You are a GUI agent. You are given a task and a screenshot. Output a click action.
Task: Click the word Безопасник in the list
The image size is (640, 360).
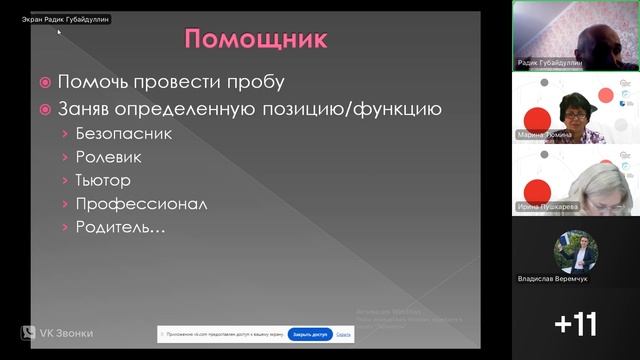123,132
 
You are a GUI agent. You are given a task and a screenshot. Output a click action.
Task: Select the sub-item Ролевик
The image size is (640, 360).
108,156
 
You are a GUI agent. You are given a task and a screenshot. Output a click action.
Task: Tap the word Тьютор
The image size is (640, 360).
104,180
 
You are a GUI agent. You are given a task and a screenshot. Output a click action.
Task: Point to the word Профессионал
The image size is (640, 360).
141,204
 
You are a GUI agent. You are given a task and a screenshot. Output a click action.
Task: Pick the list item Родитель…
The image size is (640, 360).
120,227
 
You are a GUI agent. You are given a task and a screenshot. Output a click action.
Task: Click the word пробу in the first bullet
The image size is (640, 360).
253,82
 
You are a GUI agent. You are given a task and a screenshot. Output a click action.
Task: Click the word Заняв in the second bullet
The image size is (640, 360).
88,108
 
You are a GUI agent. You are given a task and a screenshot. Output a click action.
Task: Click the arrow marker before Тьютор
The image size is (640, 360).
64,181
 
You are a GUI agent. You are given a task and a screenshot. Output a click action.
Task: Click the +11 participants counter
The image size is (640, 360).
576,324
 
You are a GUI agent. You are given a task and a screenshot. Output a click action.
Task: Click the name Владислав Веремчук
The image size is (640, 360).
553,278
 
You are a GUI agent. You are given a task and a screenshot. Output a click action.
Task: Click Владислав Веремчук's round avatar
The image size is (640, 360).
576,251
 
